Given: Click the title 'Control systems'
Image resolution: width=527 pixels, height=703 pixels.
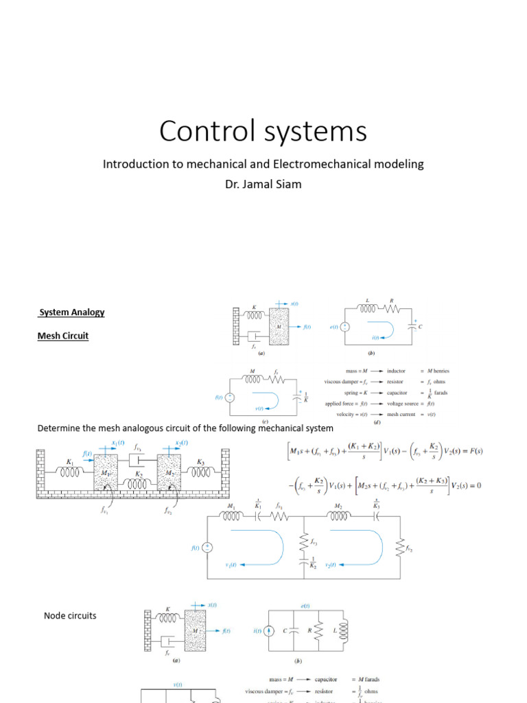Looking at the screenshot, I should click(x=263, y=131).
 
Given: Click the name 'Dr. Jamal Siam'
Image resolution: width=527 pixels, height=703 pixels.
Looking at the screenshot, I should click(x=263, y=183).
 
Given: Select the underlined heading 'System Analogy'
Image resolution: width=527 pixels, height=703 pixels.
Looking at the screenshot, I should click(x=72, y=312).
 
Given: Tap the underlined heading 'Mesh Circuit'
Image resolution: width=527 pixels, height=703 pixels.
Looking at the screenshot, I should click(x=63, y=336).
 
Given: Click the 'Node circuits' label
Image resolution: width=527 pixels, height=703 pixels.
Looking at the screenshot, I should click(x=70, y=616).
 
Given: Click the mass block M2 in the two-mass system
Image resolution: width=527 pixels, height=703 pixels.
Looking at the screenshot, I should click(x=169, y=472).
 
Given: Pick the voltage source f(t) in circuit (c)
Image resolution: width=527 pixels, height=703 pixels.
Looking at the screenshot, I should click(x=231, y=397).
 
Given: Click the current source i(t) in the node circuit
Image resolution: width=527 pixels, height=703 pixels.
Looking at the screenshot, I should click(x=270, y=630).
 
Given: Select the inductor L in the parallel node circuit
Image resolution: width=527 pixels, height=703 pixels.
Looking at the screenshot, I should click(x=344, y=629).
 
